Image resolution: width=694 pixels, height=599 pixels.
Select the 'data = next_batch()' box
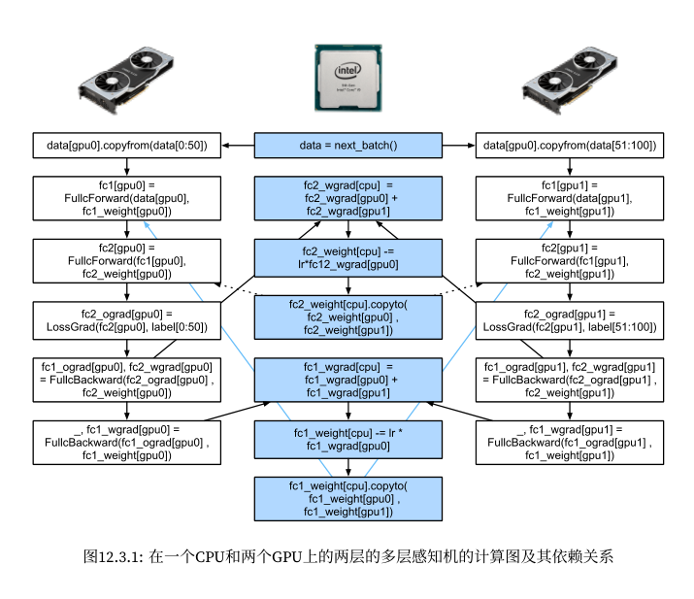[x=347, y=146]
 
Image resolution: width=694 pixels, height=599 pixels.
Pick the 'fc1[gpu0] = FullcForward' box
[x=127, y=198]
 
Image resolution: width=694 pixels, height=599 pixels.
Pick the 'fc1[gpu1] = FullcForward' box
[x=570, y=198]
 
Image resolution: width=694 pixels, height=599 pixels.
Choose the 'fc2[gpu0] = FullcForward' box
[x=127, y=260]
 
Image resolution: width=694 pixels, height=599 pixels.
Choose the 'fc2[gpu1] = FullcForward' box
[x=570, y=260]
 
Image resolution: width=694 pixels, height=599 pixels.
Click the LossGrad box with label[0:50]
[x=127, y=321]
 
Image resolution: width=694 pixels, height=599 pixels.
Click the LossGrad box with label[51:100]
[x=570, y=321]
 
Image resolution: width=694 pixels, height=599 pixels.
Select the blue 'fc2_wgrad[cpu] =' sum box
[x=347, y=198]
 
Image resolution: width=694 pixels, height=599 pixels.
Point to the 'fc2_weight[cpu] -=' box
[x=347, y=259]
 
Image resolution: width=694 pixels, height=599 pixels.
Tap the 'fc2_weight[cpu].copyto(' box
[x=347, y=317]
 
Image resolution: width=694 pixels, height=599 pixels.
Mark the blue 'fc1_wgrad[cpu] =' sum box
[x=347, y=380]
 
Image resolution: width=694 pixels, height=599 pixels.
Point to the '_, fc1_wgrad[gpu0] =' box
[x=127, y=442]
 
